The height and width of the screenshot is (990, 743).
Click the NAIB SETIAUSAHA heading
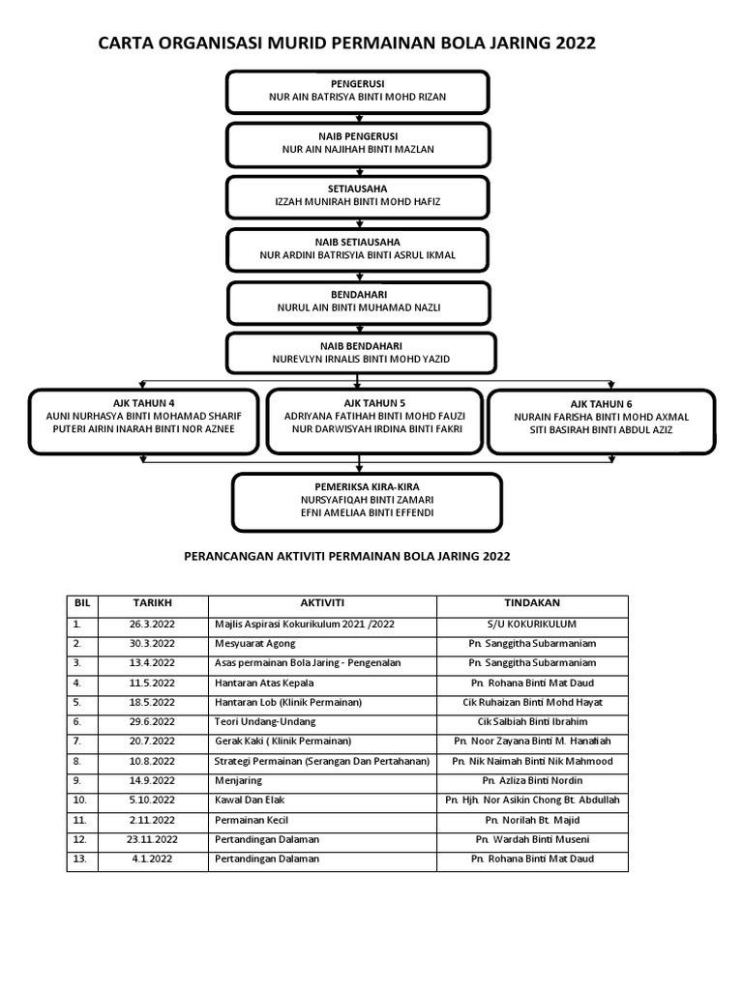pyautogui.click(x=358, y=241)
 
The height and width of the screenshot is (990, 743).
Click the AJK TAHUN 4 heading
pyautogui.click(x=143, y=401)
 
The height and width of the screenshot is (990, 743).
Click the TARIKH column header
pyautogui.click(x=152, y=602)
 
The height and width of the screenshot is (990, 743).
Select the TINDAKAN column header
pyautogui.click(x=532, y=602)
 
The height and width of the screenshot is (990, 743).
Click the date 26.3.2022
pyautogui.click(x=152, y=624)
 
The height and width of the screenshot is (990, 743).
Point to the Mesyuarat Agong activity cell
pyautogui.click(x=255, y=643)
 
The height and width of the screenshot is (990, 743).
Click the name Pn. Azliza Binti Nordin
pyautogui.click(x=532, y=780)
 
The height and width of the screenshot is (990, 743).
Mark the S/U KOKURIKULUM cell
pyautogui.click(x=532, y=624)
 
